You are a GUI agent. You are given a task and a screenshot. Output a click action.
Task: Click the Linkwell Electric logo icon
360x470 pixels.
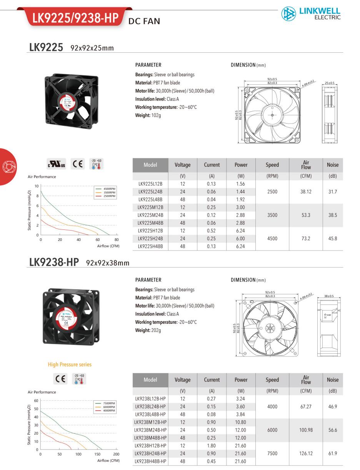point(288,13)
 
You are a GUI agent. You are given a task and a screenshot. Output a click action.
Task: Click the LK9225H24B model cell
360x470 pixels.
point(150,239)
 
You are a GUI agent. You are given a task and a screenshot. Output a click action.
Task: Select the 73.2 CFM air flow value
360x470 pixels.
point(306,239)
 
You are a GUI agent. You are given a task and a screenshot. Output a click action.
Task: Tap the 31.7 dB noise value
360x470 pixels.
point(333,192)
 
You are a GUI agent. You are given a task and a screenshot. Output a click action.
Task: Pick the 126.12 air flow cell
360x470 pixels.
point(306,453)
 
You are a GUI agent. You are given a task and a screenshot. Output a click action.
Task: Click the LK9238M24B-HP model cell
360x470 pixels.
point(150,430)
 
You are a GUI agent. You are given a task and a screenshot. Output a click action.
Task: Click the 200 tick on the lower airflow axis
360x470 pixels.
point(116,454)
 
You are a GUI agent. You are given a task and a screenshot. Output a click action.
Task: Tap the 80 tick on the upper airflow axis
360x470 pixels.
point(117,239)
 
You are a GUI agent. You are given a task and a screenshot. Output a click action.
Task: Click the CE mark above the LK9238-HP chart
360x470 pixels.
point(61,379)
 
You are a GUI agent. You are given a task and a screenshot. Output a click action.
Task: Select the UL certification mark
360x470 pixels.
point(57,164)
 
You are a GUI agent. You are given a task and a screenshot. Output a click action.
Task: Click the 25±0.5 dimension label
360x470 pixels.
point(330,83)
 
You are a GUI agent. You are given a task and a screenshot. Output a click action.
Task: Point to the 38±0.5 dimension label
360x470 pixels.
point(329,296)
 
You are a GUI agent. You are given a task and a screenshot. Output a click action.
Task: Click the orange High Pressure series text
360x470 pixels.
point(70,365)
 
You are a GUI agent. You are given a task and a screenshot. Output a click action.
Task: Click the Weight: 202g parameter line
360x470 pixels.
point(148,330)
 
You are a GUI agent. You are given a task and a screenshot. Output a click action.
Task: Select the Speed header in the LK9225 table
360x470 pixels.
point(272,165)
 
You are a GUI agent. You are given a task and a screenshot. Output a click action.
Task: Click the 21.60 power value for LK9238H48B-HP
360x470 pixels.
point(241,461)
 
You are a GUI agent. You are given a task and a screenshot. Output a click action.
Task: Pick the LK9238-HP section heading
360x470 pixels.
point(54,262)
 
